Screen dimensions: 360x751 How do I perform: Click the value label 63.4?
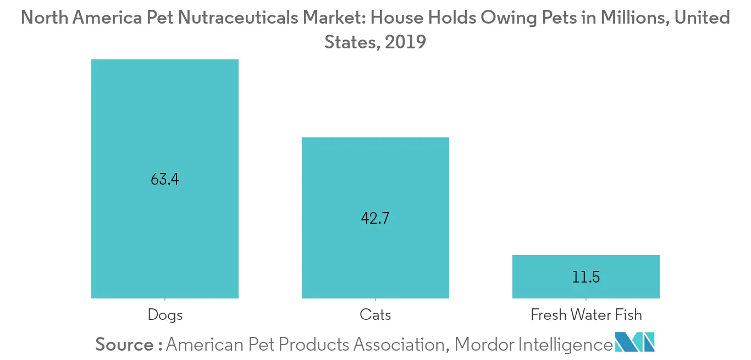tap(164, 179)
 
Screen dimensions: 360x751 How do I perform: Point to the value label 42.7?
tap(375, 218)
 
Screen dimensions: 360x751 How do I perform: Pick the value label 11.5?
tap(586, 277)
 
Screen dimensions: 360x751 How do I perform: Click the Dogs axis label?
tap(165, 315)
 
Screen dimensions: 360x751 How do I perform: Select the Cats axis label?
tap(375, 315)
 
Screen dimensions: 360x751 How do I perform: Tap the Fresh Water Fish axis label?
tap(586, 315)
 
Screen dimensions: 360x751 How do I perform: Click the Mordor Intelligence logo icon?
tap(635, 342)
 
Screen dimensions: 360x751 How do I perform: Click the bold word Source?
tap(125, 345)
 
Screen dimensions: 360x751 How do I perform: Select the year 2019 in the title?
tap(405, 42)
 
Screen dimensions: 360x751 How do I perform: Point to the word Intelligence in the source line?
tap(565, 345)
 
